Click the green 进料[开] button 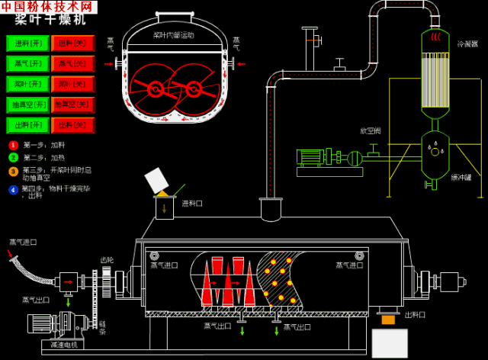pyautogui.click(x=27, y=43)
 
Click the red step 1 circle pyautogui.click(x=13, y=145)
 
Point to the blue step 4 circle pyautogui.click(x=13, y=189)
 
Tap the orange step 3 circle pyautogui.click(x=13, y=171)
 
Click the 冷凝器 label pyautogui.click(x=467, y=44)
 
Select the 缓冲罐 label pyautogui.click(x=461, y=177)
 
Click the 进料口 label pyautogui.click(x=192, y=204)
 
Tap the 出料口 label pyautogui.click(x=415, y=314)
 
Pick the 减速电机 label pyautogui.click(x=63, y=345)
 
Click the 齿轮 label pyautogui.click(x=107, y=260)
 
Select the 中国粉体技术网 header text pyautogui.click(x=48, y=7)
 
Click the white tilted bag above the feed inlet pyautogui.click(x=157, y=180)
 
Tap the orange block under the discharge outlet pyautogui.click(x=388, y=320)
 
